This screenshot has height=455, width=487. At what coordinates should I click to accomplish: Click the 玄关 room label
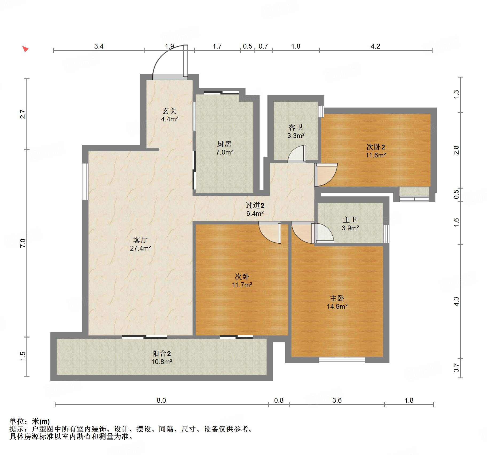click(x=170, y=111)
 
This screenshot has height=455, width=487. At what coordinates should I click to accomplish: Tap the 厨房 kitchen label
click(x=224, y=144)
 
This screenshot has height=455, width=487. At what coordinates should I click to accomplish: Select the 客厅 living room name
click(x=140, y=240)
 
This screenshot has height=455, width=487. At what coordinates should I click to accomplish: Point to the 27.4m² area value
click(x=140, y=248)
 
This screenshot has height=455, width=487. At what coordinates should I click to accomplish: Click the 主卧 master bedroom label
click(x=337, y=298)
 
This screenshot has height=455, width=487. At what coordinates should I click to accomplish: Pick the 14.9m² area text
click(x=337, y=306)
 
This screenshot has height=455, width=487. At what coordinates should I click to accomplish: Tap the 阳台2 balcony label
click(x=162, y=354)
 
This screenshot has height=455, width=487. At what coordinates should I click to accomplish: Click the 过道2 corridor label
click(x=255, y=205)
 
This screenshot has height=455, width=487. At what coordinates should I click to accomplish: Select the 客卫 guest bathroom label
click(x=296, y=128)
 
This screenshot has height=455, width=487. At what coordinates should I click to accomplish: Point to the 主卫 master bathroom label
click(x=350, y=220)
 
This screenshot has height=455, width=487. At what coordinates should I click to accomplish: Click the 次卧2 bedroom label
click(x=376, y=147)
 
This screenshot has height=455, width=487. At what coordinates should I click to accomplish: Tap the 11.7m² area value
click(x=242, y=285)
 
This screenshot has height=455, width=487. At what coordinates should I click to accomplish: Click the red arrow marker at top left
click(x=25, y=49)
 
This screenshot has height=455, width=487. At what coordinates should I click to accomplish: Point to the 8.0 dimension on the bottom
click(x=161, y=400)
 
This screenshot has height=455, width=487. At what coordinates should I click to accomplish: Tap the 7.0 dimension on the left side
click(x=23, y=243)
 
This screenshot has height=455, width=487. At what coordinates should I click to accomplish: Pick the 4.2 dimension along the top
click(x=375, y=46)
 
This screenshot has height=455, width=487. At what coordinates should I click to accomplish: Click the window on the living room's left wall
click(x=85, y=181)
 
